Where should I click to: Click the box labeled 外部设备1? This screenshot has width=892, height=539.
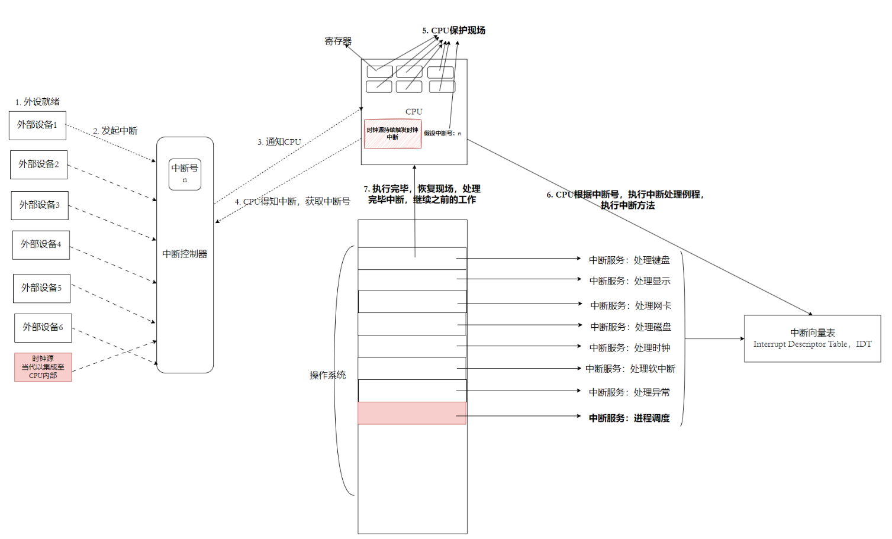pyautogui.click(x=37, y=125)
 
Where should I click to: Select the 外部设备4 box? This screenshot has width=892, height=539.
pyautogui.click(x=41, y=244)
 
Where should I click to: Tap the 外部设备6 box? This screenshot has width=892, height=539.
pyautogui.click(x=43, y=327)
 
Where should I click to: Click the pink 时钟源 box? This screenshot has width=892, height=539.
pyautogui.click(x=43, y=367)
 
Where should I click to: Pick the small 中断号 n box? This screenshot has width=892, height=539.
pyautogui.click(x=185, y=173)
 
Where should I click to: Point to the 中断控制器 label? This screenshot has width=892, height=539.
pyautogui.click(x=185, y=254)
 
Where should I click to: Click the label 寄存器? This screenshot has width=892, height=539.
pyautogui.click(x=338, y=41)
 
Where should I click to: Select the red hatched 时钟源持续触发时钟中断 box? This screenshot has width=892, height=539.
pyautogui.click(x=392, y=134)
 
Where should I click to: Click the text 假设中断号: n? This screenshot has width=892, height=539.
pyautogui.click(x=442, y=134)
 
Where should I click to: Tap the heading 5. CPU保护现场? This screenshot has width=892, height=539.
pyautogui.click(x=453, y=30)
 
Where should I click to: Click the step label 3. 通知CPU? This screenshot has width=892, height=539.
pyautogui.click(x=279, y=142)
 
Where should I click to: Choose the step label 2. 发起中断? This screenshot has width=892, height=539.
pyautogui.click(x=115, y=131)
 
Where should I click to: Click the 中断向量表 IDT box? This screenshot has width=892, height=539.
pyautogui.click(x=812, y=338)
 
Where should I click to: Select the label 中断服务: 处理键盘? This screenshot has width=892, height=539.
pyautogui.click(x=629, y=260)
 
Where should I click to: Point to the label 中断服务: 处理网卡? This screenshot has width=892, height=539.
pyautogui.click(x=630, y=305)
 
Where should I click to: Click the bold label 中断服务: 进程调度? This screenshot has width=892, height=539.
pyautogui.click(x=629, y=418)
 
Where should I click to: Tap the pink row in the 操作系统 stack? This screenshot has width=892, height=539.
pyautogui.click(x=412, y=413)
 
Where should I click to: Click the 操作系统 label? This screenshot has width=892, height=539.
pyautogui.click(x=327, y=375)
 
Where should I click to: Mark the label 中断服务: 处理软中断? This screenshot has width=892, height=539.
pyautogui.click(x=630, y=369)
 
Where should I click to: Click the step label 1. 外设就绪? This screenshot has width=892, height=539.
pyautogui.click(x=37, y=102)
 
